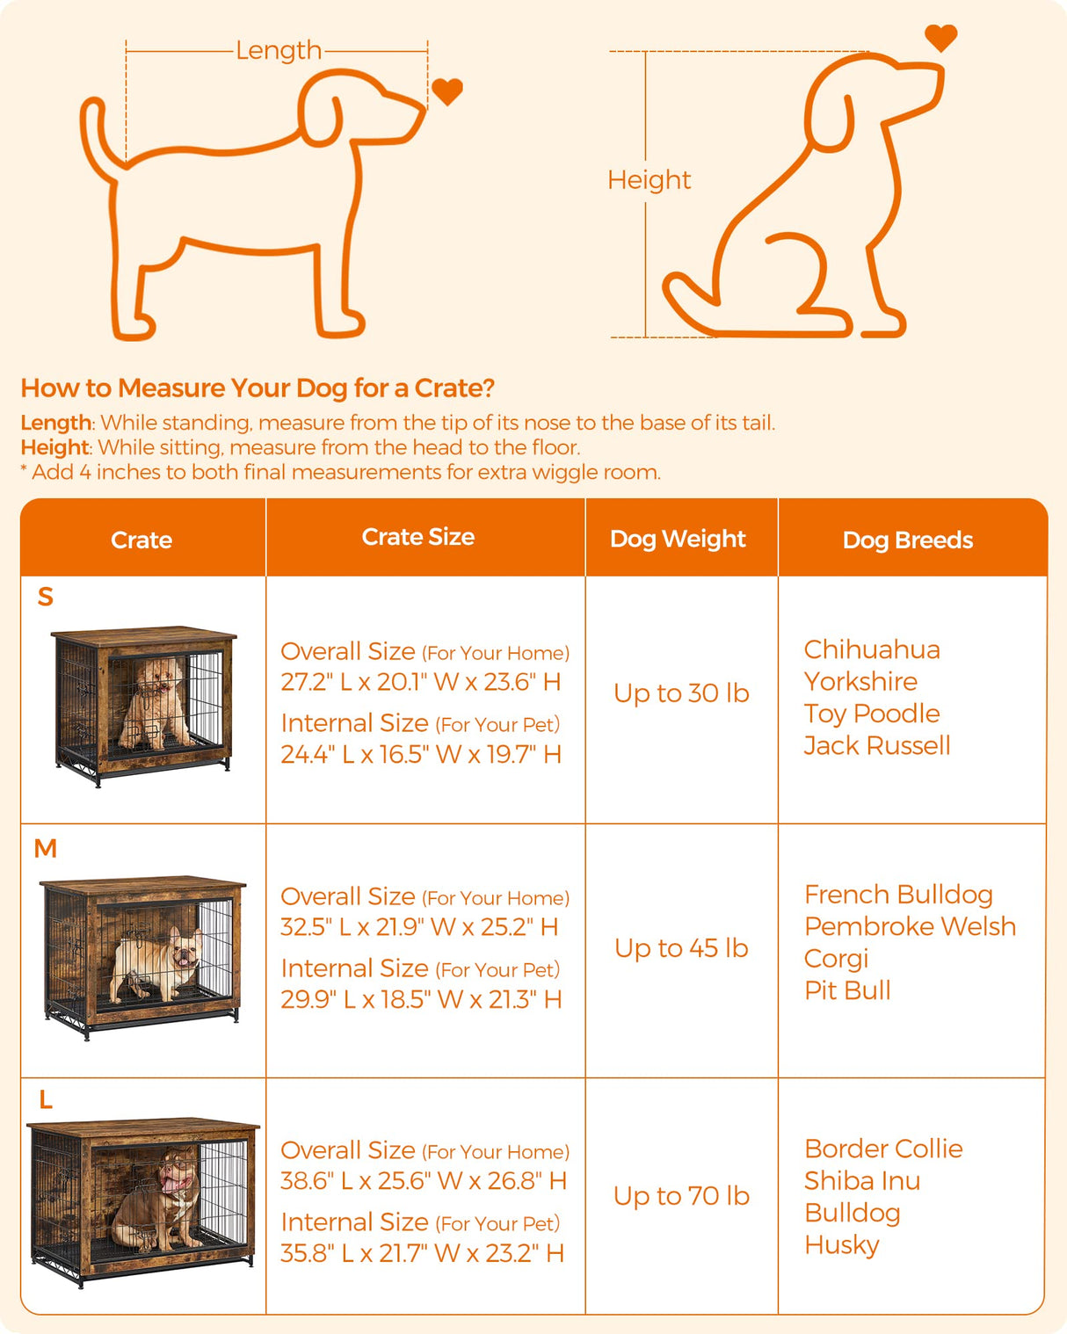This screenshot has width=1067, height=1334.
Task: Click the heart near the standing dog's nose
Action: (447, 91)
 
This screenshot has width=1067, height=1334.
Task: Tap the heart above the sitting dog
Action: (940, 38)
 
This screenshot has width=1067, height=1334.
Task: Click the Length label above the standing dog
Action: (279, 51)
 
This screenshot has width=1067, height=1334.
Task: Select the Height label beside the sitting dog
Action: (649, 180)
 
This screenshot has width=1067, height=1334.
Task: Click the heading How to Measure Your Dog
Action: (258, 388)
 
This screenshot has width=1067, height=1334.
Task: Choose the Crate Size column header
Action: (418, 537)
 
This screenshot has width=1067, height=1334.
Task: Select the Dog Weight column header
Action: (678, 539)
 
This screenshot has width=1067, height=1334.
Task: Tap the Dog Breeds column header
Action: (907, 540)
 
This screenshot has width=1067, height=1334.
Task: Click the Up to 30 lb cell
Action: (681, 693)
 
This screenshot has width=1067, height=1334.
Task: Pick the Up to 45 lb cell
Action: (681, 948)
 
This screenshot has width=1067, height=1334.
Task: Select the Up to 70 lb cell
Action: (681, 1196)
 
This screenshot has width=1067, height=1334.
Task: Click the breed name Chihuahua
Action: (872, 649)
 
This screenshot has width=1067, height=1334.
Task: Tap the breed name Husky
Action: (841, 1245)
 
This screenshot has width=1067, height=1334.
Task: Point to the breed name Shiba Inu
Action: (862, 1181)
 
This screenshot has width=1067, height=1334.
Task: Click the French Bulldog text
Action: (898, 895)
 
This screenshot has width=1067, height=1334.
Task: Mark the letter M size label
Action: (46, 849)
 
